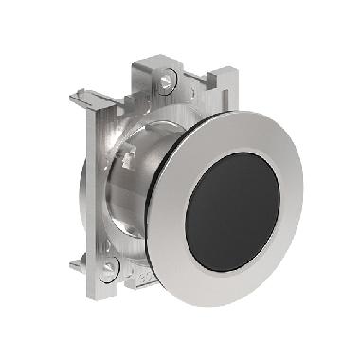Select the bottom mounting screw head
point(110,268)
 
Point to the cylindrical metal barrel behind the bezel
point(133,189)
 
